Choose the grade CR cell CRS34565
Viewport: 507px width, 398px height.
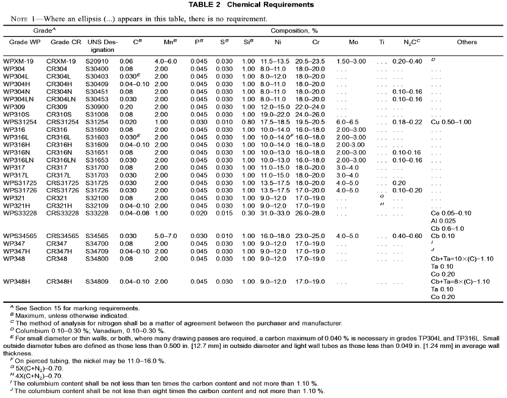(66, 235)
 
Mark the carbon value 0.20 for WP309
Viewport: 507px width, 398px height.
(126, 106)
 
